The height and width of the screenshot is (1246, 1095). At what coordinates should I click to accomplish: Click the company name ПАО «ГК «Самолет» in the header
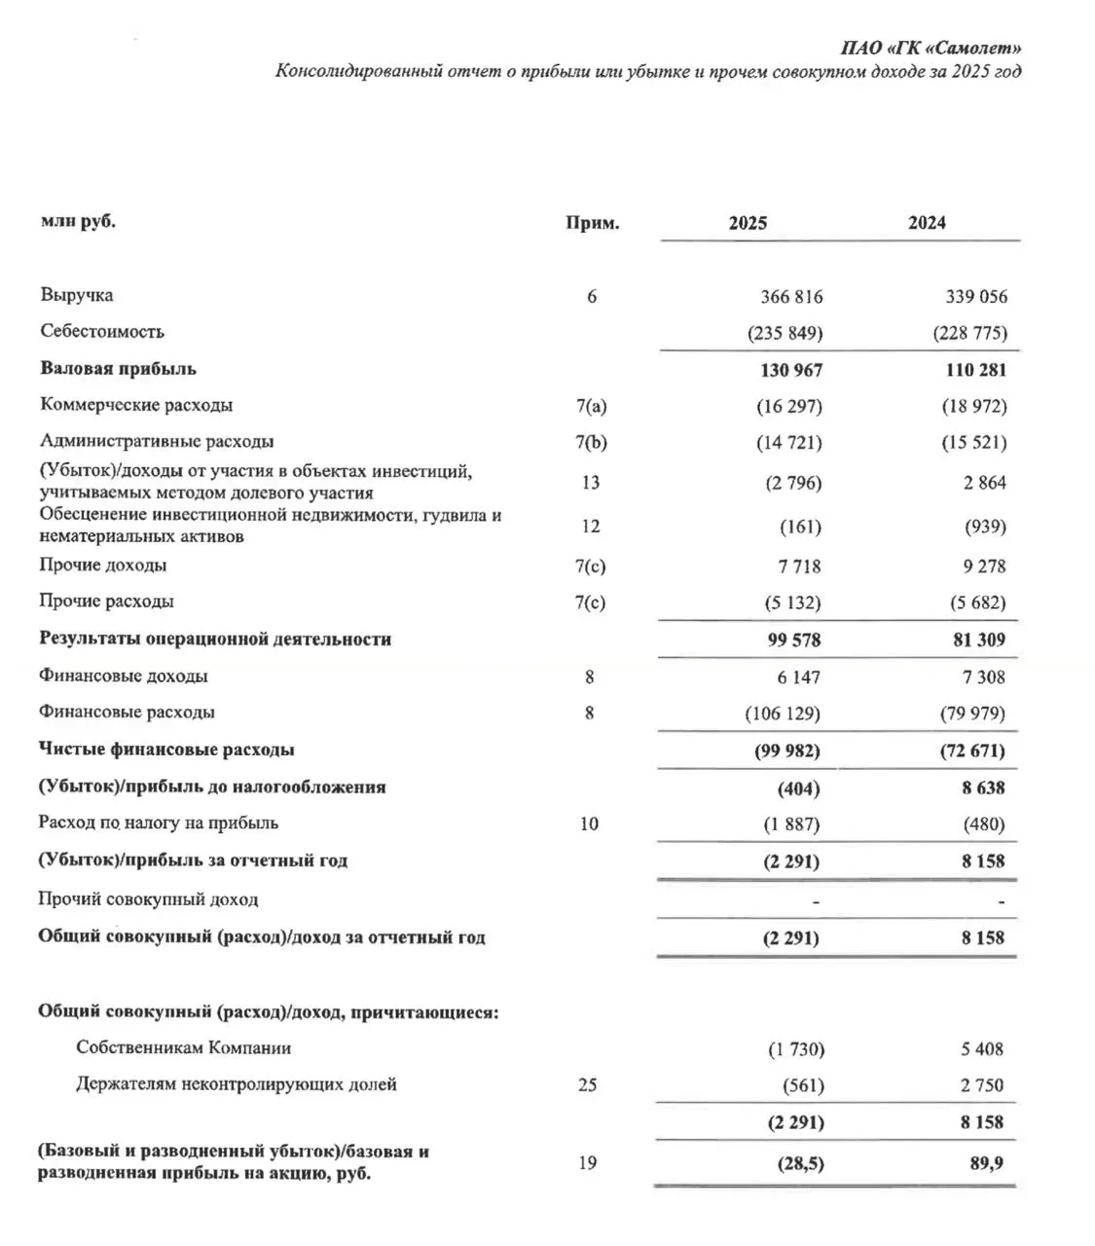pyautogui.click(x=931, y=48)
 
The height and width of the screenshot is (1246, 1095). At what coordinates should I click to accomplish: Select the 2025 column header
pyautogui.click(x=748, y=223)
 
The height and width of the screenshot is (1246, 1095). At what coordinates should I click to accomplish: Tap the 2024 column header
pyautogui.click(x=927, y=223)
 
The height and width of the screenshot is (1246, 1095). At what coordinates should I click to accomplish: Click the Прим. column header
pyautogui.click(x=592, y=223)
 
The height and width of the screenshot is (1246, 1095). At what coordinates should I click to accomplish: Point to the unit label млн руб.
pyautogui.click(x=78, y=221)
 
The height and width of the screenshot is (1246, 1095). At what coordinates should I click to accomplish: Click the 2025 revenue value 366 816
pyautogui.click(x=790, y=297)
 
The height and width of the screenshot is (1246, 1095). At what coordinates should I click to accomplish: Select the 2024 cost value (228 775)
pyautogui.click(x=969, y=333)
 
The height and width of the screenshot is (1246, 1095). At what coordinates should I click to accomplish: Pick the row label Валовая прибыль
pyautogui.click(x=118, y=369)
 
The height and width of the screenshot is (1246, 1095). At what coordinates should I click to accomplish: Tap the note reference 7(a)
pyautogui.click(x=591, y=406)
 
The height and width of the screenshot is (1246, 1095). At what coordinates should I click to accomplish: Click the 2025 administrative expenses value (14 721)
pyautogui.click(x=788, y=443)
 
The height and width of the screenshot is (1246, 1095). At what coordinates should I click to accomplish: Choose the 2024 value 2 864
pyautogui.click(x=984, y=483)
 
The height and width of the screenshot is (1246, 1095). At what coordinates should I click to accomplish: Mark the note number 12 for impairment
pyautogui.click(x=590, y=527)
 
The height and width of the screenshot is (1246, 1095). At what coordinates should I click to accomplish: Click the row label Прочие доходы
pyautogui.click(x=102, y=566)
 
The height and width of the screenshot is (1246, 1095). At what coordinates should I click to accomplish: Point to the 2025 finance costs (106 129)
pyautogui.click(x=782, y=714)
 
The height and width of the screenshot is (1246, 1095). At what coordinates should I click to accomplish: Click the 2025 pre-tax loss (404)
pyautogui.click(x=799, y=788)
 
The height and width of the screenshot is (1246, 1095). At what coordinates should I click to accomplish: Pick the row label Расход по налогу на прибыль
pyautogui.click(x=158, y=824)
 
